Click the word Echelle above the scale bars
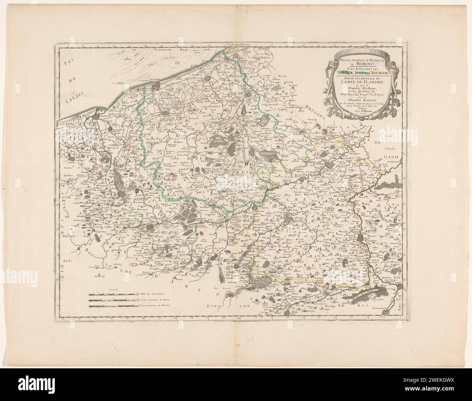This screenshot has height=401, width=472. click(114, 290)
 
